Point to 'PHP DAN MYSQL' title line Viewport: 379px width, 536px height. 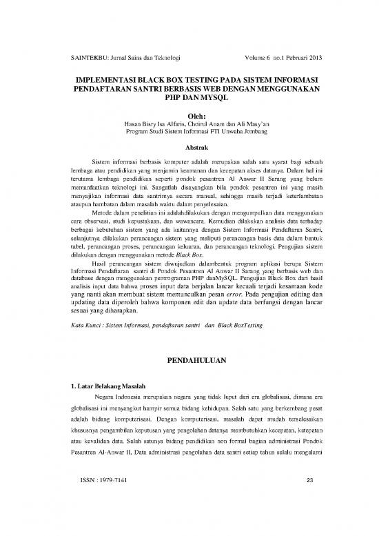point(189,101)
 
